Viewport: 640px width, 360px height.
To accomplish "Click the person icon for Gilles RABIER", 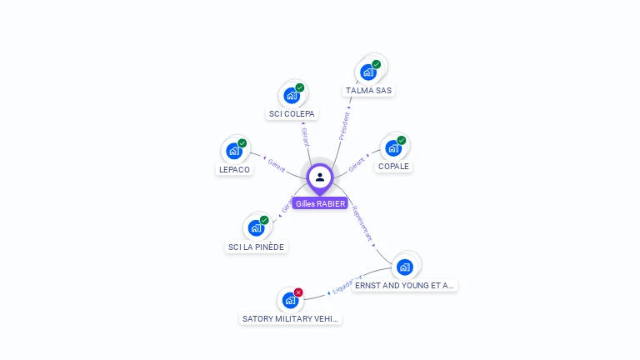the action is (320, 177).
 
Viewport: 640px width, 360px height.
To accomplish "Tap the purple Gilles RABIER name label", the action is (320, 203).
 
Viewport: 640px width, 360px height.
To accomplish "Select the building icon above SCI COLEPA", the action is (291, 95).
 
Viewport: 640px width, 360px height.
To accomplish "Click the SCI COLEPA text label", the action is (292, 113).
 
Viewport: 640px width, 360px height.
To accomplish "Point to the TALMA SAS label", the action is (368, 90).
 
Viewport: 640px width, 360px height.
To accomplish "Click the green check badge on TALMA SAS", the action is (376, 64).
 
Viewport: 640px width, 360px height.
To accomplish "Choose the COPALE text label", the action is (393, 166).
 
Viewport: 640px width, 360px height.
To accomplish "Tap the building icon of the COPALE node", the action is (392, 148).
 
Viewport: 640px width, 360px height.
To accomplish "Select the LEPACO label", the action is (234, 169).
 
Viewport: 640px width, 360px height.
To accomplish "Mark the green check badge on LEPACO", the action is (242, 143).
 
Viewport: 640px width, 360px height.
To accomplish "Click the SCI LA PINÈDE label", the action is (256, 247).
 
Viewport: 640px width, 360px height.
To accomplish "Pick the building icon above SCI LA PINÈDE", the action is (255, 227).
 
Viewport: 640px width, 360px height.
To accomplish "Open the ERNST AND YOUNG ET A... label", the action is (405, 285).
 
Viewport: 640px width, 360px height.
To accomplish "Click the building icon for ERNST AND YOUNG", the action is (405, 267).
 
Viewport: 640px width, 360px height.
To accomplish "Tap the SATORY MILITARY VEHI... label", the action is (290, 318).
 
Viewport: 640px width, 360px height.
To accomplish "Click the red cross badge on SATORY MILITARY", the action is (298, 292).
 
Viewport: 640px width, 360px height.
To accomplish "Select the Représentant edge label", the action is (362, 223).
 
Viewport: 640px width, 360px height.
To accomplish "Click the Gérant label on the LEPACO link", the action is (277, 164).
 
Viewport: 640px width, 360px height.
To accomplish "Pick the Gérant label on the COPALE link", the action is (357, 164).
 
